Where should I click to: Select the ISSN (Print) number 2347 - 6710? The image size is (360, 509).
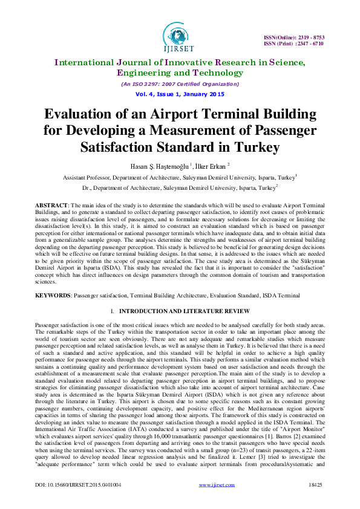click(x=309, y=44)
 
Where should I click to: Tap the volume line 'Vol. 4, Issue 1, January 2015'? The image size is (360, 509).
click(x=180, y=95)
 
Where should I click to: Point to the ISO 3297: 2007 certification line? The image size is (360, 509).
click(x=180, y=84)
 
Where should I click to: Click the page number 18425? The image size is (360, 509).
click(x=315, y=484)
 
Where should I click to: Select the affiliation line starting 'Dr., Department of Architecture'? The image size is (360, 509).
click(x=180, y=187)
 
